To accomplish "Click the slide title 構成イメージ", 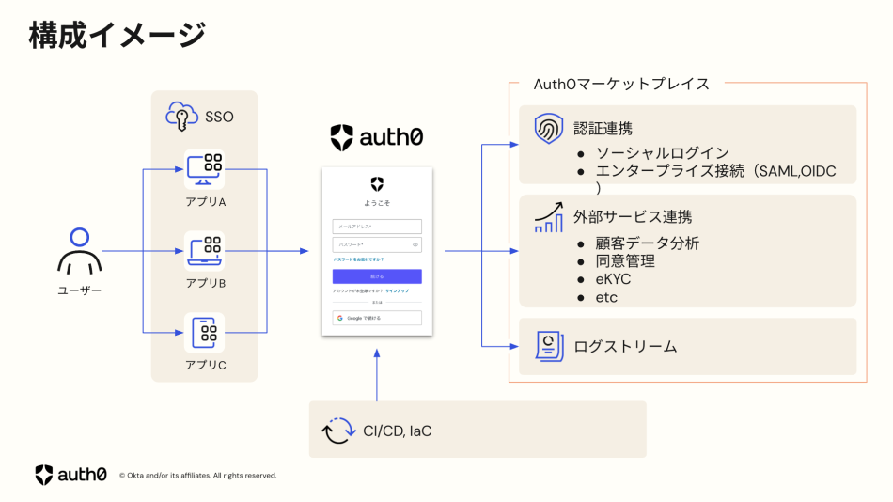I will [117, 36].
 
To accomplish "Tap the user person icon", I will [79, 251].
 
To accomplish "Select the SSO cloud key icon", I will [182, 117].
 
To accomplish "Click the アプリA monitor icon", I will [204, 170].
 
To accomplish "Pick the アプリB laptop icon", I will [204, 251].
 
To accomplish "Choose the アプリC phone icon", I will [204, 332].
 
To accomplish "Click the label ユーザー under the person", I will [79, 290].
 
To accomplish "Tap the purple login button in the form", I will [377, 276].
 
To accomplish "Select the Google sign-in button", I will [377, 318].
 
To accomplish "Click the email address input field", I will [377, 227].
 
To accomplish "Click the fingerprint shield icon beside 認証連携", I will [548, 129].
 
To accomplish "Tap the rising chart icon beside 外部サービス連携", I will [548, 217].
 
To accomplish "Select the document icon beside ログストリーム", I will [548, 346].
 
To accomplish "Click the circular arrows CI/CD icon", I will [337, 431].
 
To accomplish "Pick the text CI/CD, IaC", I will [397, 431].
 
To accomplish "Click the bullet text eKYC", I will [612, 279].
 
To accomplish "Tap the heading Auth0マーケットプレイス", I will [621, 84].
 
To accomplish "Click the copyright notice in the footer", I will [198, 476].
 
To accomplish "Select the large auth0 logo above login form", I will [377, 137].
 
